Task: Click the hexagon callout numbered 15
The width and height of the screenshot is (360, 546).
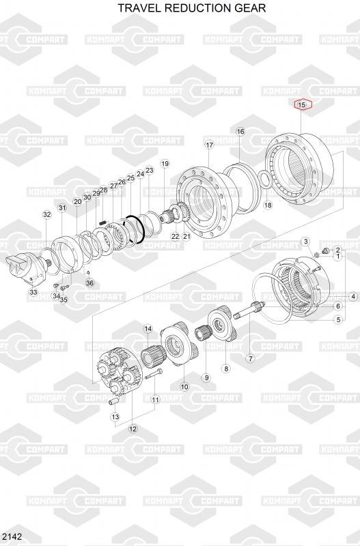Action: tap(302, 104)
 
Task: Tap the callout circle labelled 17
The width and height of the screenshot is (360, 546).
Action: tap(209, 145)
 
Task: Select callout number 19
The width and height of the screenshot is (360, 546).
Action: tap(165, 164)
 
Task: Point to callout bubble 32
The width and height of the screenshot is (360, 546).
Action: tap(46, 214)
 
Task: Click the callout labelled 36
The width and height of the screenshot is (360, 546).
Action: tap(90, 283)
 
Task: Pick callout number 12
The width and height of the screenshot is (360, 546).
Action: tap(133, 429)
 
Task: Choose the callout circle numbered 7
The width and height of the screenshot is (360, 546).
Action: tap(250, 358)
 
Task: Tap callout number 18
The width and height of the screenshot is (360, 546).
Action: tap(268, 205)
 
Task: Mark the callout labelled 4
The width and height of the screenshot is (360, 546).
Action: tap(353, 297)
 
